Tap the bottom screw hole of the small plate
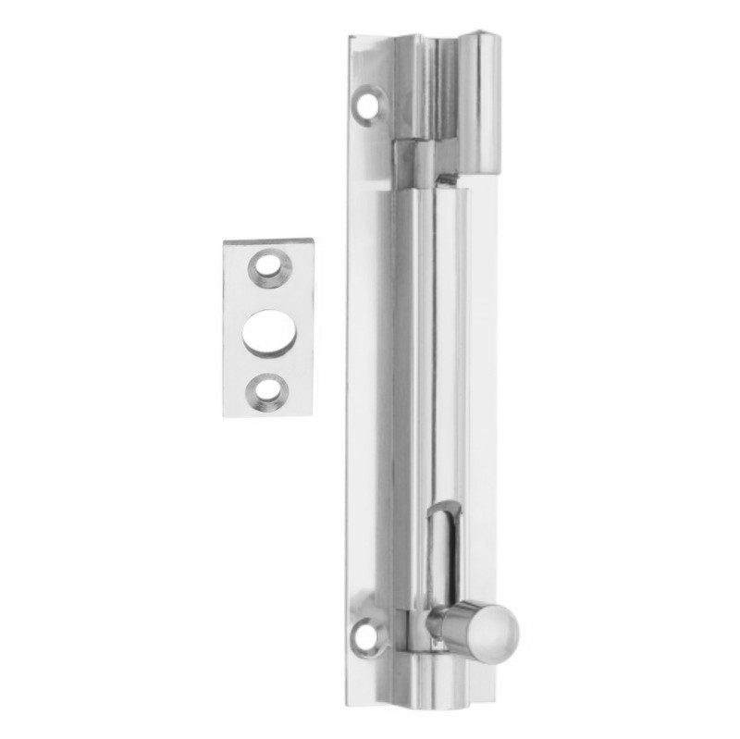click(x=268, y=389)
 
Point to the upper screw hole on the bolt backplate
click(x=368, y=104)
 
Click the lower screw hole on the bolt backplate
click(x=367, y=634)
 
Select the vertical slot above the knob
click(x=445, y=555)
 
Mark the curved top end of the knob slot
click(x=445, y=507)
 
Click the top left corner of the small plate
click(x=225, y=242)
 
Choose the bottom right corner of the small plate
click(x=312, y=414)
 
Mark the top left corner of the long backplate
click(x=351, y=38)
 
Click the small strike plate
click(x=268, y=328)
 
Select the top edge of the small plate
click(x=268, y=241)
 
